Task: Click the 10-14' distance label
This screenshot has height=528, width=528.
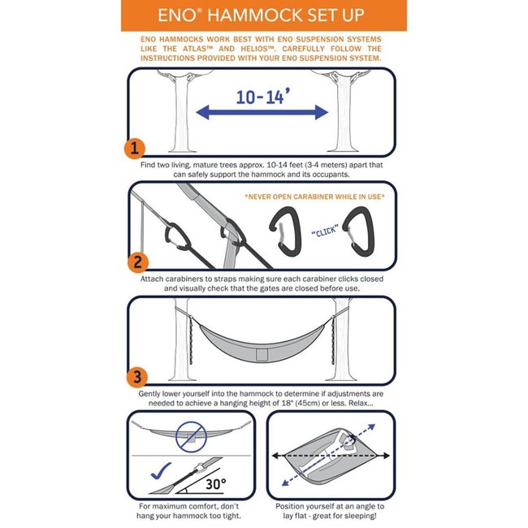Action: tap(266, 97)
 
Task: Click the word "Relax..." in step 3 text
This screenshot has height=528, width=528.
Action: tap(361, 404)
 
